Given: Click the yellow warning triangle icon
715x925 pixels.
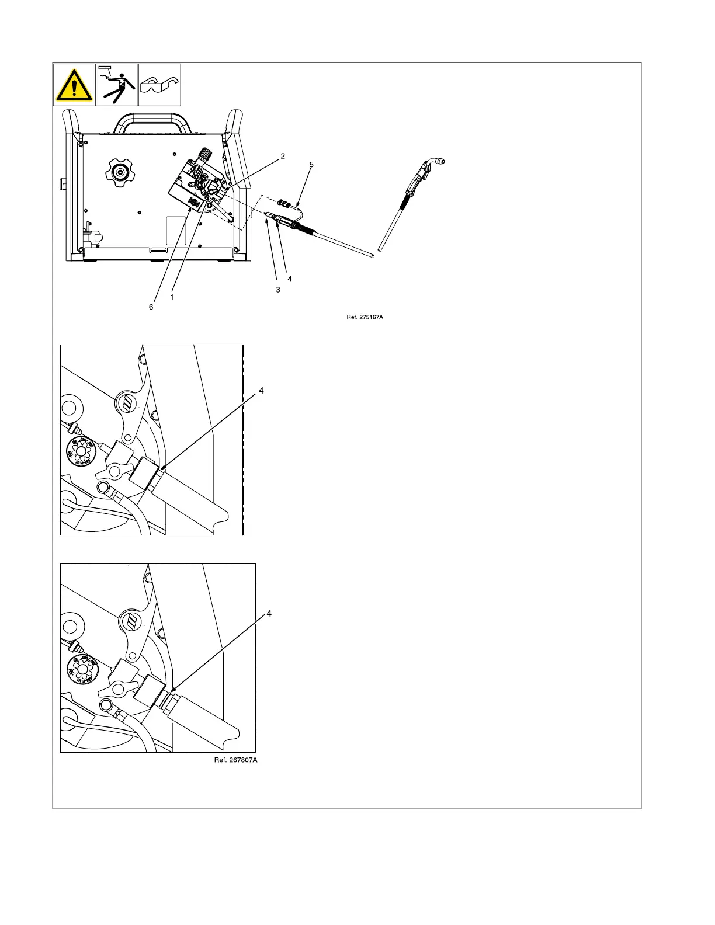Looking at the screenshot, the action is click(x=74, y=85).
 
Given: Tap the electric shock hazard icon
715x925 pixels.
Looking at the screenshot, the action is click(x=117, y=85).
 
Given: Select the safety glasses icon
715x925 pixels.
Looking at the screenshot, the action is click(x=159, y=85).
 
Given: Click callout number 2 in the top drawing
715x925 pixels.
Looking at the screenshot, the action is click(x=283, y=156).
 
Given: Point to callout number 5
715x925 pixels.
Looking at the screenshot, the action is click(x=311, y=165).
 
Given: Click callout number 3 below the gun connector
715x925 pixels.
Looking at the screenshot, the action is click(x=278, y=290).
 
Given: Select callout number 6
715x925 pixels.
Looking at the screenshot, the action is click(x=151, y=307).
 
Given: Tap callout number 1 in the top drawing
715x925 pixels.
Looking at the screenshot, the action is click(x=172, y=297).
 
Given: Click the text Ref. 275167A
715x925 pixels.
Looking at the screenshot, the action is click(x=365, y=317).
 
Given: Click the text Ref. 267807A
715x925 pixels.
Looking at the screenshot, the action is click(x=235, y=760).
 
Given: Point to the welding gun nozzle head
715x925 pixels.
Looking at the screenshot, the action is click(x=435, y=162).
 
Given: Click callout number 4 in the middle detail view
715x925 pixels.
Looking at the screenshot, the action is click(x=261, y=391).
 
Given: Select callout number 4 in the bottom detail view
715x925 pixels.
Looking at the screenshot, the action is click(x=269, y=614).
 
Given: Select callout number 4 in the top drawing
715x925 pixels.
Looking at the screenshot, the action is click(x=290, y=279).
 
